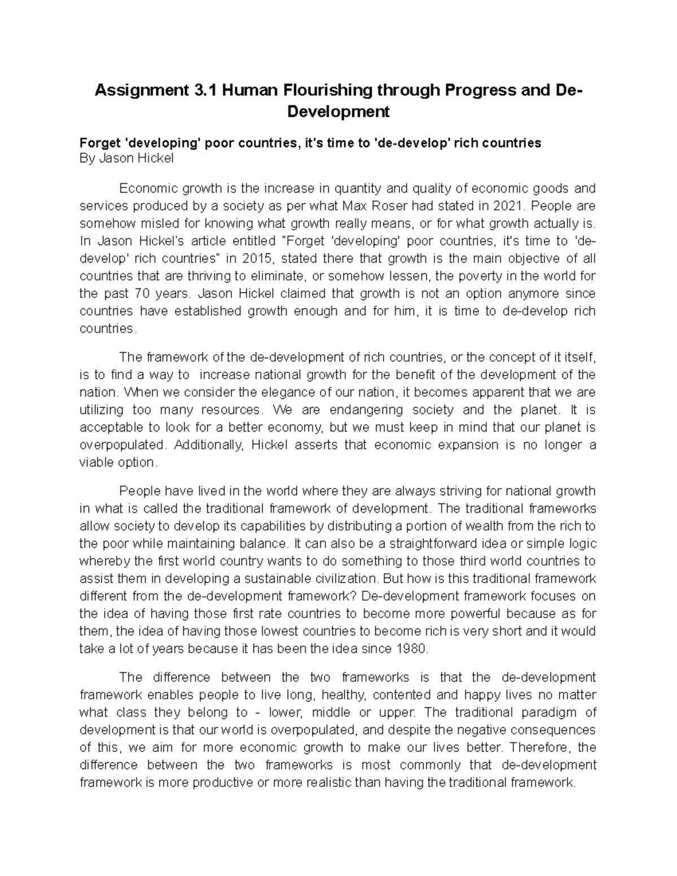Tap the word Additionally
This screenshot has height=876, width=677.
point(210,444)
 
